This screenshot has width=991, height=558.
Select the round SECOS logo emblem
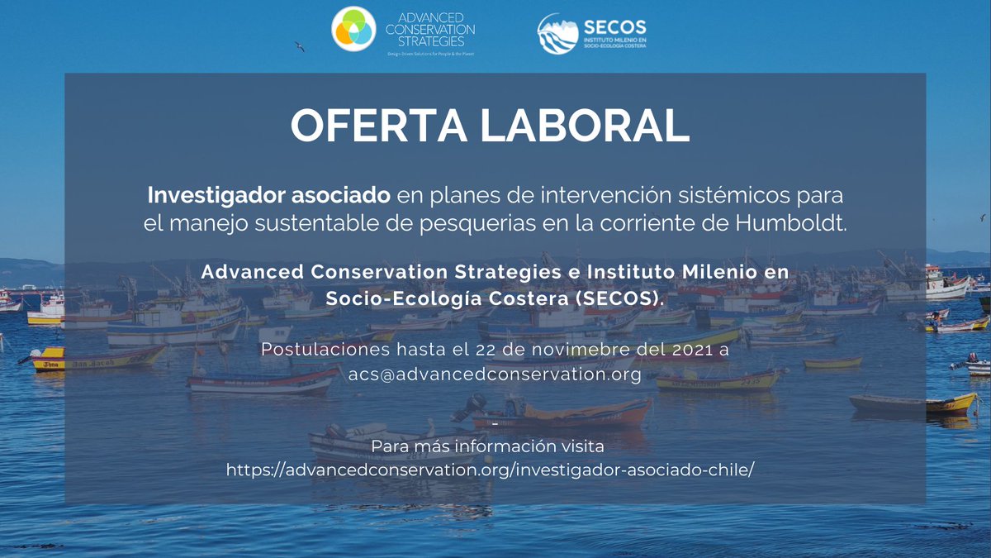click(558, 33)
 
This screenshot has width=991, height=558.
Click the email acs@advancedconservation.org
click(495, 374)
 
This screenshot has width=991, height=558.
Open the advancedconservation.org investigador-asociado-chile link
click(491, 470)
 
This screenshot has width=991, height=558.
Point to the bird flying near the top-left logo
click(299, 47)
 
